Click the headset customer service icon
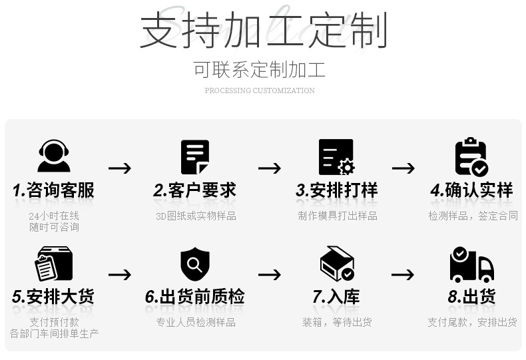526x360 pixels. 54,157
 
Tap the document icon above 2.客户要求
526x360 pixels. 195,158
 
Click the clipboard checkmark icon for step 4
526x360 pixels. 471,158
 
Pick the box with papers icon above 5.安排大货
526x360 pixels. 54,264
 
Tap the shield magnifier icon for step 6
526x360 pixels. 195,264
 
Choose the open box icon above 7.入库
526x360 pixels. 337,264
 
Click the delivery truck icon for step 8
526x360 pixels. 471,264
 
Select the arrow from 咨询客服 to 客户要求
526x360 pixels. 120,168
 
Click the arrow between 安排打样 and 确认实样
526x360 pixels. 403,168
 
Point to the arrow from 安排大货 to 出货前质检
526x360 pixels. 120,274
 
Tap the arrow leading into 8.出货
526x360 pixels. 403,274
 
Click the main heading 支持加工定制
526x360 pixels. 263,30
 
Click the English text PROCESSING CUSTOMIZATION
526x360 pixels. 260,90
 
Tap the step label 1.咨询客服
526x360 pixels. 54,190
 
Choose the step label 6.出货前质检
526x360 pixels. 194,297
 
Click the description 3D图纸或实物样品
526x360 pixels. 196,216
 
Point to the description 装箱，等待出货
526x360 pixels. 337,322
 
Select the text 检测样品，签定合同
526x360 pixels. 473,216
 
